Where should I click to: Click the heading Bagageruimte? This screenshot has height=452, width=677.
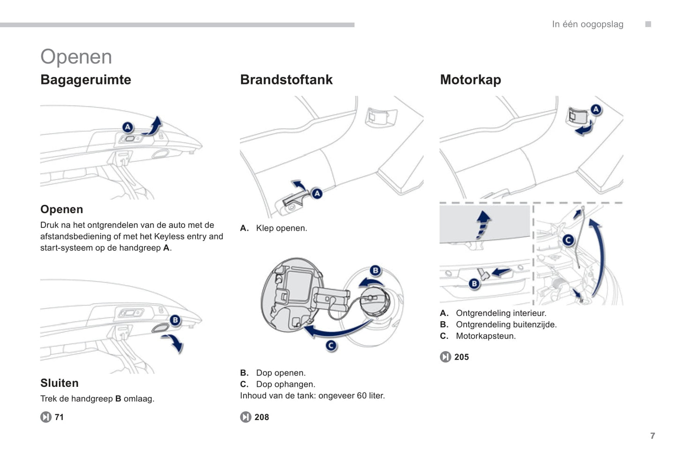(x=86, y=80)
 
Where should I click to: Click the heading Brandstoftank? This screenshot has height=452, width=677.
(x=286, y=80)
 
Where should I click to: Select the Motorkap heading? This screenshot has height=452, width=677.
(x=470, y=80)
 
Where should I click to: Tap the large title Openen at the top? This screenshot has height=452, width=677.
(x=76, y=57)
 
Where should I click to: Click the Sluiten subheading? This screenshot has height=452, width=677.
(x=60, y=383)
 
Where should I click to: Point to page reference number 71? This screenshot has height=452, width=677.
(x=59, y=417)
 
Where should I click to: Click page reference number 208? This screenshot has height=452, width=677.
(x=261, y=417)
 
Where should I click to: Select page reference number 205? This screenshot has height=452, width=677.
(x=461, y=357)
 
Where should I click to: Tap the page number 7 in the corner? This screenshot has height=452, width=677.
(x=653, y=436)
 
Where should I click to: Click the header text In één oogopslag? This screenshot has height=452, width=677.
(x=588, y=24)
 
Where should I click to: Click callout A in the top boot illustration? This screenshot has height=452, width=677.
(x=127, y=127)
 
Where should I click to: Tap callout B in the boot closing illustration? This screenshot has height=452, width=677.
(x=175, y=320)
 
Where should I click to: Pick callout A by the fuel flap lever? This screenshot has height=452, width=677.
(x=317, y=193)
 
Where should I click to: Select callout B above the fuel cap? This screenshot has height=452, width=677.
(x=375, y=271)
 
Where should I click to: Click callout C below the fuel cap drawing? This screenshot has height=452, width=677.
(x=331, y=346)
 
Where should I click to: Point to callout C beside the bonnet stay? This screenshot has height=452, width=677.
(x=568, y=240)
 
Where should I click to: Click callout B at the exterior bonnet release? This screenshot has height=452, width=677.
(x=474, y=284)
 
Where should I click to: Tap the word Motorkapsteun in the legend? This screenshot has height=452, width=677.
(x=485, y=336)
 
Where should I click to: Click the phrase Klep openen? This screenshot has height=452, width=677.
(x=282, y=228)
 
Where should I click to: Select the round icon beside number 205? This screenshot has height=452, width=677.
(x=446, y=357)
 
